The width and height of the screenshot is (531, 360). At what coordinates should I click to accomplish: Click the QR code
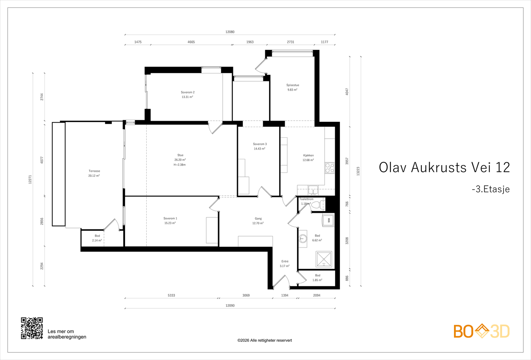click(32, 328)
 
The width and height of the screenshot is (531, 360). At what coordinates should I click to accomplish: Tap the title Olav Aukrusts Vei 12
click(444, 168)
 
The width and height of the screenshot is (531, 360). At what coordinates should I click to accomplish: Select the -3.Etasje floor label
click(491, 189)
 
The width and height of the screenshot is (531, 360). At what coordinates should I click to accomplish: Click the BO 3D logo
click(482, 331)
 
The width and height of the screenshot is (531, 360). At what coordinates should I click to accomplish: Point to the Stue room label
click(180, 155)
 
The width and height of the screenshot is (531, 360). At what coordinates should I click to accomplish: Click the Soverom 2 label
click(188, 93)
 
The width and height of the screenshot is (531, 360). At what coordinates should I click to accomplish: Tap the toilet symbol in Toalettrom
click(317, 204)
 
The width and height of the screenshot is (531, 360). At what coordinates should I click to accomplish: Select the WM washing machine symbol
click(329, 220)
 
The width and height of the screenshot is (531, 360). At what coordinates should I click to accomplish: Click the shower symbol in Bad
click(324, 259)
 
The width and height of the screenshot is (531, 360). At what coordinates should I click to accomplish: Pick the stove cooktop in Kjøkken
click(330, 168)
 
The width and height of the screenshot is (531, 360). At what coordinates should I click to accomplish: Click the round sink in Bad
click(303, 238)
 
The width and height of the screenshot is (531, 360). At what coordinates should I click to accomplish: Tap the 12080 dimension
click(230, 32)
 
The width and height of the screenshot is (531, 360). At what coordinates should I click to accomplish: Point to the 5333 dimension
click(171, 295)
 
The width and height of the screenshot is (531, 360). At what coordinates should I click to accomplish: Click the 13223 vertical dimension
click(358, 171)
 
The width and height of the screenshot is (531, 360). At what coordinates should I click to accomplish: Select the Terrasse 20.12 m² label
click(94, 173)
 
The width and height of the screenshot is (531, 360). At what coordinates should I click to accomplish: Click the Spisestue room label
click(293, 85)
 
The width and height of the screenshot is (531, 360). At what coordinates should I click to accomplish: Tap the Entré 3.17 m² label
click(285, 264)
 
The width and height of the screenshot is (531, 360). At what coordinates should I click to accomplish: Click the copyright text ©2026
click(265, 340)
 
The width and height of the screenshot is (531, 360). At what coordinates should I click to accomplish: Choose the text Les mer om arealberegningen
click(67, 334)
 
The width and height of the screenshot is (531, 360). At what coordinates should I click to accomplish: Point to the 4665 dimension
click(191, 42)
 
